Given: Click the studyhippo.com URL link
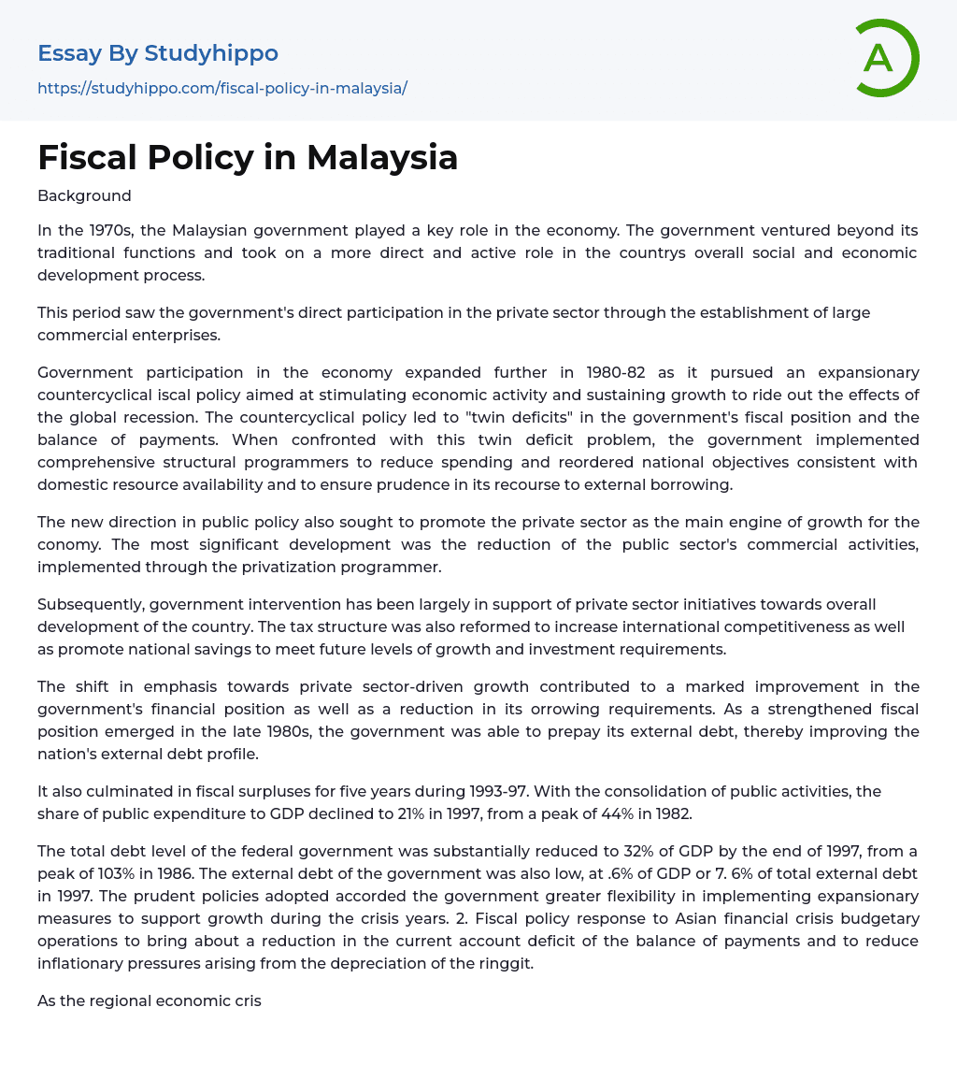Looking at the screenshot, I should pos(222,88).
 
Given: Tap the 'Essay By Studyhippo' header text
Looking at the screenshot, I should pos(158,53).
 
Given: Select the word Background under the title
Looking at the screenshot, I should pos(84,195).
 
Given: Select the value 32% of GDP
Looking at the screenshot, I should pos(621,851).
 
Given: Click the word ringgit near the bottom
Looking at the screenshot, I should pos(505,963).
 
